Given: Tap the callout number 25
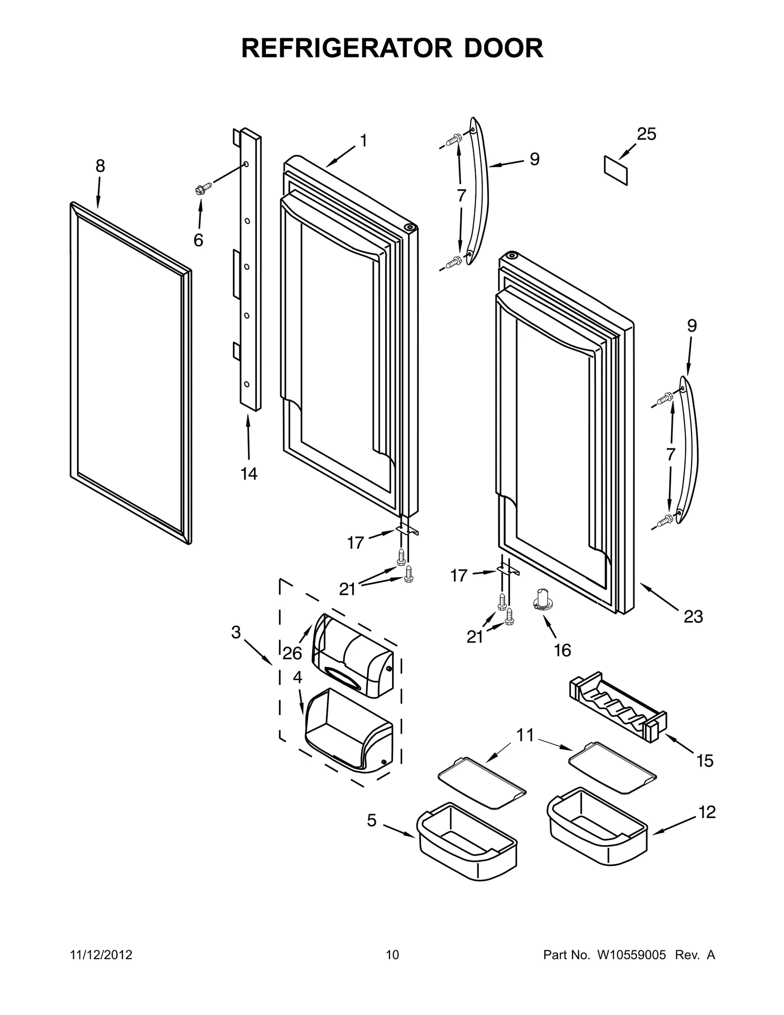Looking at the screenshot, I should click(x=646, y=134).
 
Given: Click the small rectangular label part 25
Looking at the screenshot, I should click(x=615, y=170).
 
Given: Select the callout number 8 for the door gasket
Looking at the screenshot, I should click(x=100, y=166).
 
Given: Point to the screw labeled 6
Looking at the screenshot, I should click(x=203, y=187).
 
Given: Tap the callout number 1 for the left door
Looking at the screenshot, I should click(x=363, y=141).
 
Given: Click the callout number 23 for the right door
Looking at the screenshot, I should click(x=693, y=617).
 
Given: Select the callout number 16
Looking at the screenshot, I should click(x=563, y=650).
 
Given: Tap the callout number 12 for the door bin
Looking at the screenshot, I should click(x=707, y=812).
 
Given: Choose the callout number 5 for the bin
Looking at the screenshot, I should click(x=372, y=820).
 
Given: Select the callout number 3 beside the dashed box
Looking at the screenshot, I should click(x=236, y=633).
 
